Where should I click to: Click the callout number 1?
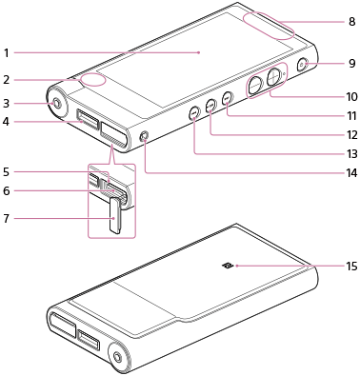(x=7, y=53)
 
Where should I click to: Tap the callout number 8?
(x=351, y=22)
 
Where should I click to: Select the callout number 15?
(x=351, y=267)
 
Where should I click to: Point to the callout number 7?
(x=7, y=219)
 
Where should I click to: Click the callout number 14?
(x=351, y=173)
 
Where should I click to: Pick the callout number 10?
(x=351, y=96)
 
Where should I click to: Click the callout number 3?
(x=7, y=104)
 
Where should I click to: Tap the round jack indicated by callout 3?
(x=57, y=104)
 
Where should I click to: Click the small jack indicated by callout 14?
(x=145, y=136)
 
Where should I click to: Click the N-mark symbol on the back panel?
(x=228, y=266)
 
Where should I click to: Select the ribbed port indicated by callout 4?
(x=88, y=120)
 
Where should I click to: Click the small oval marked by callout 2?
(x=92, y=80)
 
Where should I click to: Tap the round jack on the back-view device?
(x=116, y=357)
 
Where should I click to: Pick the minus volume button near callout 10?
(x=255, y=86)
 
